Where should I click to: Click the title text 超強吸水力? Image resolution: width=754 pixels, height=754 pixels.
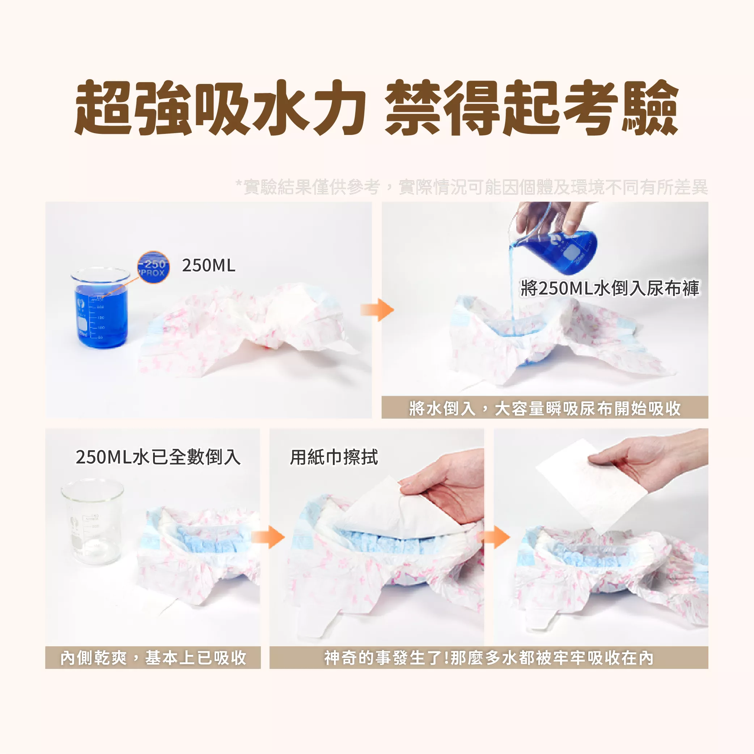220,107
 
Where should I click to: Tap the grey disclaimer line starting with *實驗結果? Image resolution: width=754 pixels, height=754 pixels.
471,187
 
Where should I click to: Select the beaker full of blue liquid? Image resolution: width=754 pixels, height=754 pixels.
101,308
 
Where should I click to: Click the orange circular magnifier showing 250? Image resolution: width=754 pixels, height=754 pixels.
153,267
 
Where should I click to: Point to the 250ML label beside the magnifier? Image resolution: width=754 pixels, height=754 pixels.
209,265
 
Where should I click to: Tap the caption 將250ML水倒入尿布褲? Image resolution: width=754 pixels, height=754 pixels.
610,288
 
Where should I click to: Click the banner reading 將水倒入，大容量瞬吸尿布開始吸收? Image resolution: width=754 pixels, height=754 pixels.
545,408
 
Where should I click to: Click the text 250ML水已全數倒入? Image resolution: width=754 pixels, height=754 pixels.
158,457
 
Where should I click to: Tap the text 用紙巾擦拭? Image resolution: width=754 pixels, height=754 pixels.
334,457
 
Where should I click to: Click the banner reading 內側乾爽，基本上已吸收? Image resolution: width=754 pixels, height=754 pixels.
153,658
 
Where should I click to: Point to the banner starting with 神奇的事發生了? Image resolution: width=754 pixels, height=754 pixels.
489,658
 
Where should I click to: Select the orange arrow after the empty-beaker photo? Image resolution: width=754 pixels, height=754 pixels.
268,537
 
